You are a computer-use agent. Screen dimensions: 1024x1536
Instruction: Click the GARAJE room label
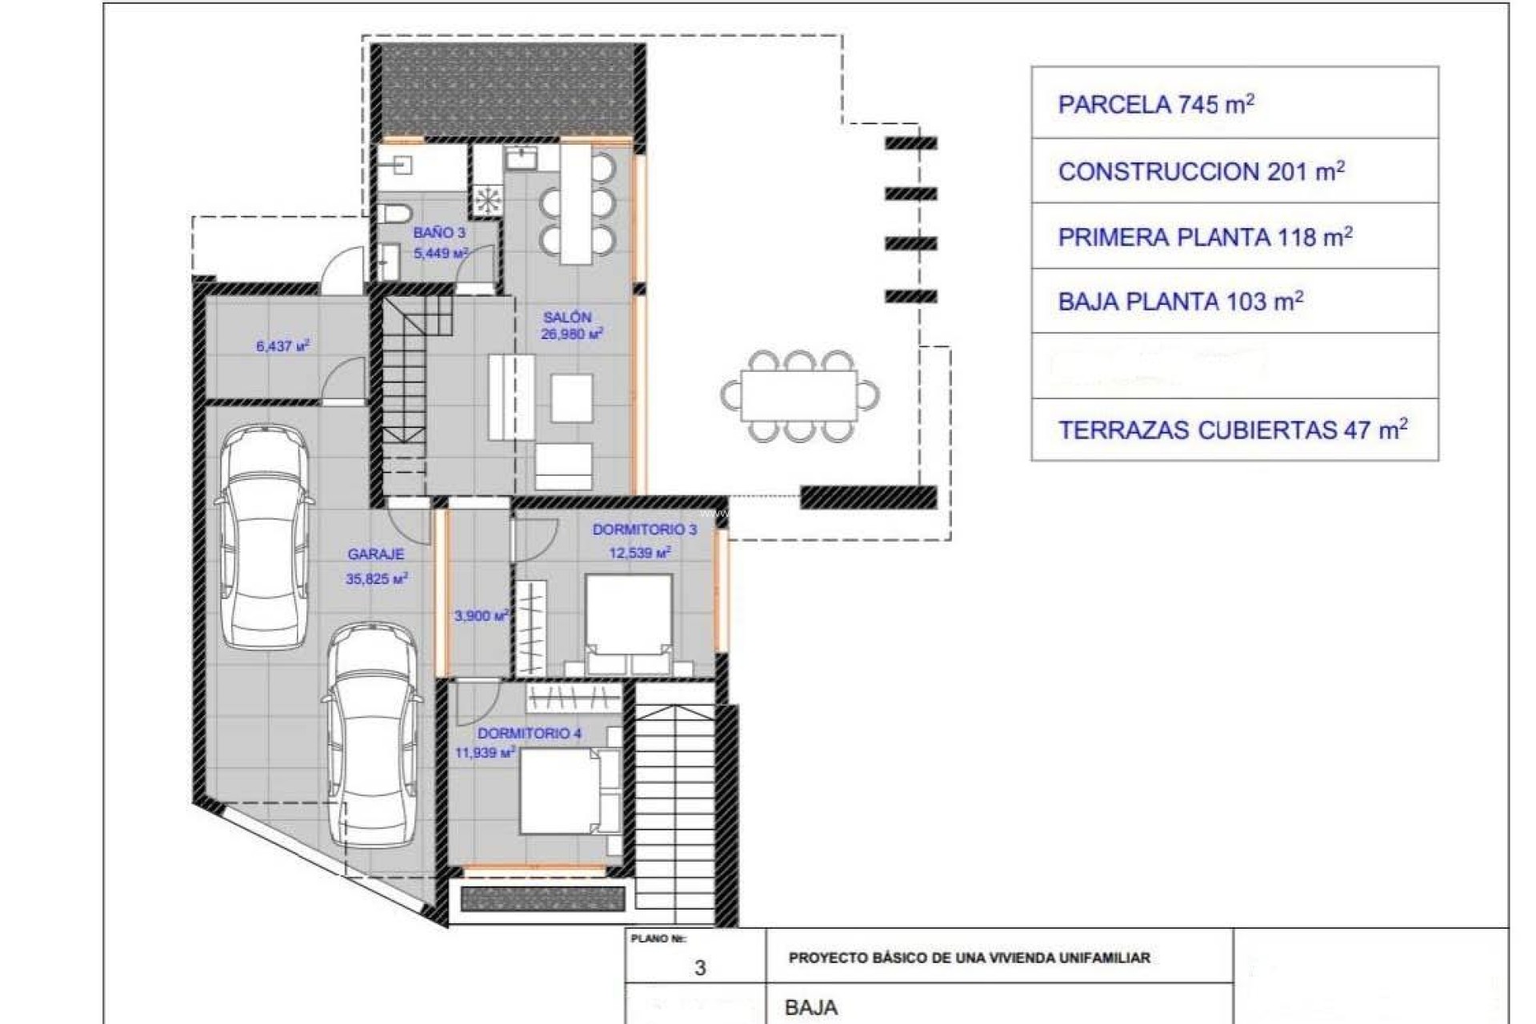[x=375, y=554]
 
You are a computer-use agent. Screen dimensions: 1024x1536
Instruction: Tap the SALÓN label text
[x=566, y=317]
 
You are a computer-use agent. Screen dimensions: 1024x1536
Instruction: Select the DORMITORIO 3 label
[x=644, y=530]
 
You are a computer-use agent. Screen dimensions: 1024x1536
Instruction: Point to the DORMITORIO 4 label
[x=529, y=733]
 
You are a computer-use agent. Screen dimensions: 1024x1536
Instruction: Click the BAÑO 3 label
[x=439, y=233]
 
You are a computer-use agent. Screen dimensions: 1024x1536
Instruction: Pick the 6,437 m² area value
[x=282, y=346]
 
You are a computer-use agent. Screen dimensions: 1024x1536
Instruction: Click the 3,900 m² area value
[x=481, y=616]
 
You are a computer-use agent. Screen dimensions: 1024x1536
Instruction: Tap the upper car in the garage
[x=264, y=536]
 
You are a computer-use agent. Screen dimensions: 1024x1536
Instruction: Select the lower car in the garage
[x=373, y=736]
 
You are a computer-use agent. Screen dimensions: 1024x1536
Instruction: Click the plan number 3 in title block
[x=700, y=968]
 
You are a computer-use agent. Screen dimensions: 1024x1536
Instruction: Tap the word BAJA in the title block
[x=811, y=1007]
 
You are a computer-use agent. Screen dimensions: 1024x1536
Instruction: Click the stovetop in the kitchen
[x=486, y=200]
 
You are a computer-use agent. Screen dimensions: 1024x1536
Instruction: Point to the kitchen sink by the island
[x=522, y=158]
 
